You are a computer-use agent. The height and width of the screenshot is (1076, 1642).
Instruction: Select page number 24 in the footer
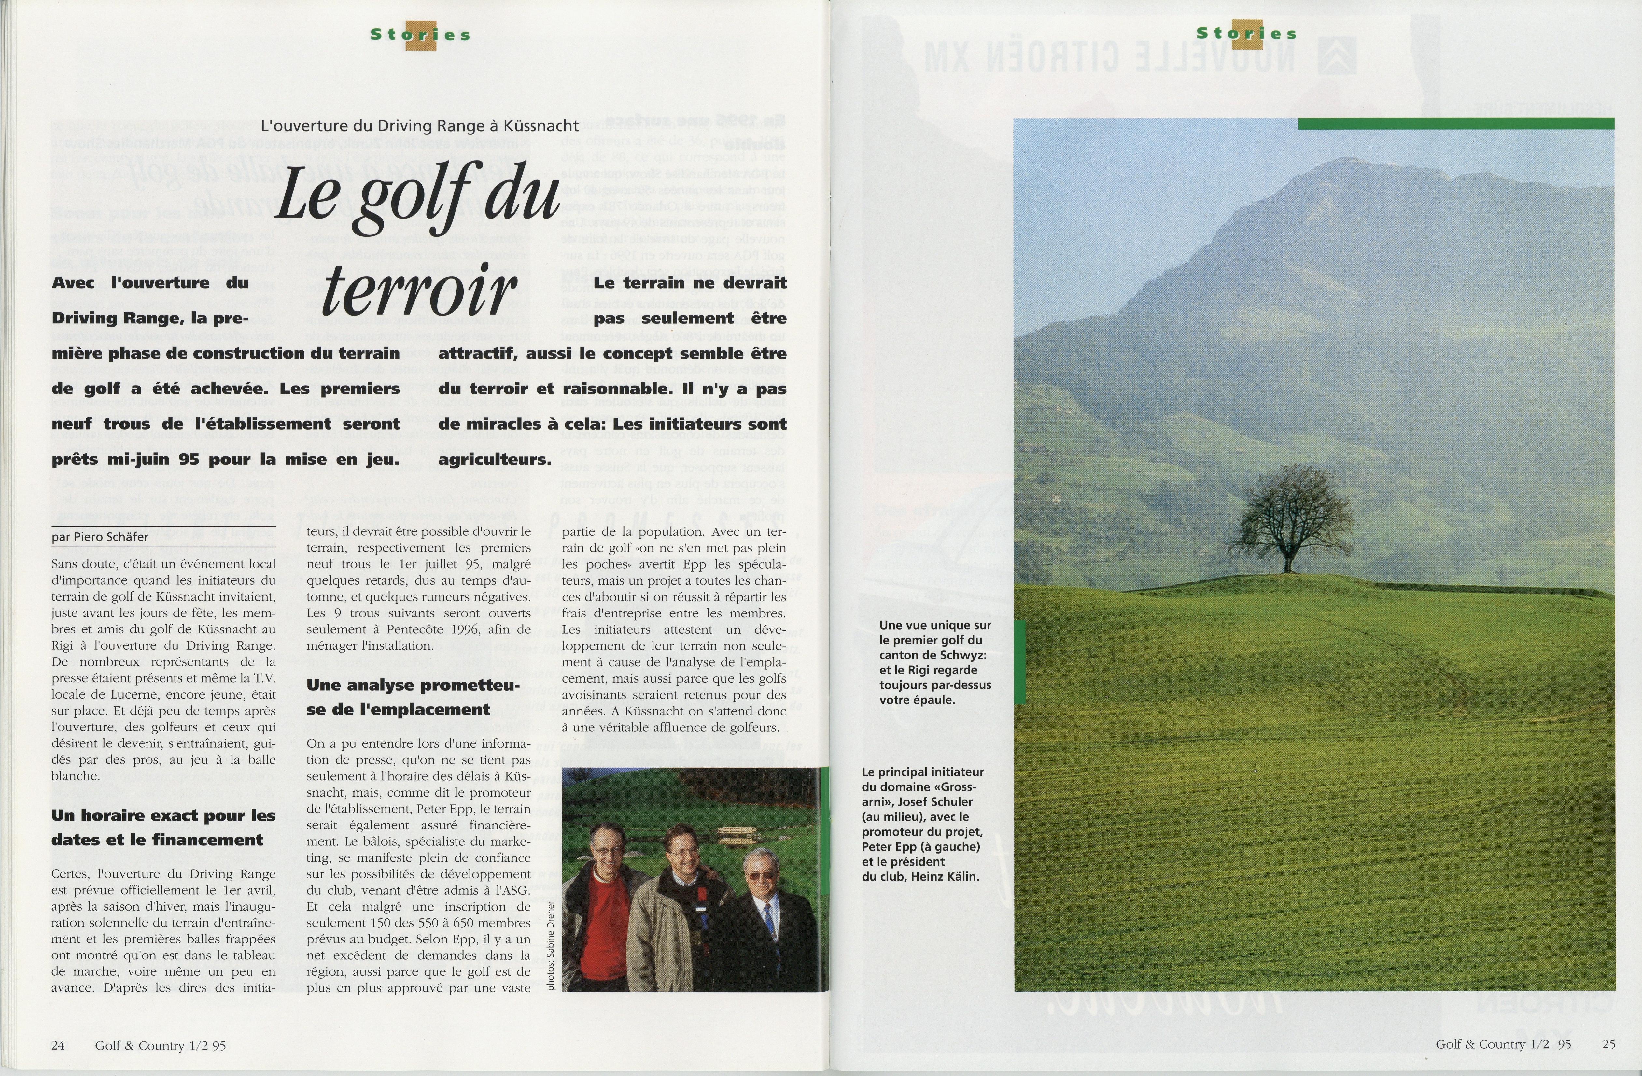(58, 1046)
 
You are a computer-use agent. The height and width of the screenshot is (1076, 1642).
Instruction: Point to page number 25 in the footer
(1608, 1044)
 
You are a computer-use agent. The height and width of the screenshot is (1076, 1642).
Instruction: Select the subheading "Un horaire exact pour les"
(163, 815)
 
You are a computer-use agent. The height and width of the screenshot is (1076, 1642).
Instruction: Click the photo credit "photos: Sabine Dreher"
(551, 945)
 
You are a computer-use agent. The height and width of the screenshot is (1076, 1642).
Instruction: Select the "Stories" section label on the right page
(1247, 33)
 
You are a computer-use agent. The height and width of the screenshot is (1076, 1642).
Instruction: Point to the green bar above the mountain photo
(1456, 123)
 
